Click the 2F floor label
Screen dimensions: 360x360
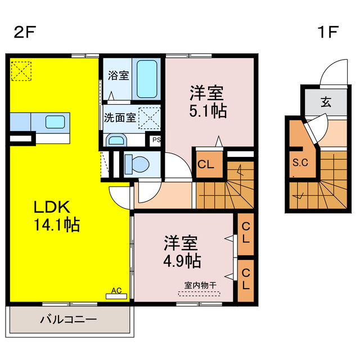click(25, 31)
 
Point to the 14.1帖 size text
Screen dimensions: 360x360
click(54, 225)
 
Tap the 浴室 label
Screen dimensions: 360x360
click(119, 75)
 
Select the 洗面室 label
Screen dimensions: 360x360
click(119, 118)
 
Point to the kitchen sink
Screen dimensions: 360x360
click(55, 121)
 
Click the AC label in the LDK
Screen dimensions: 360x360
click(116, 290)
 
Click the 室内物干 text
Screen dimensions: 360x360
click(200, 285)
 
